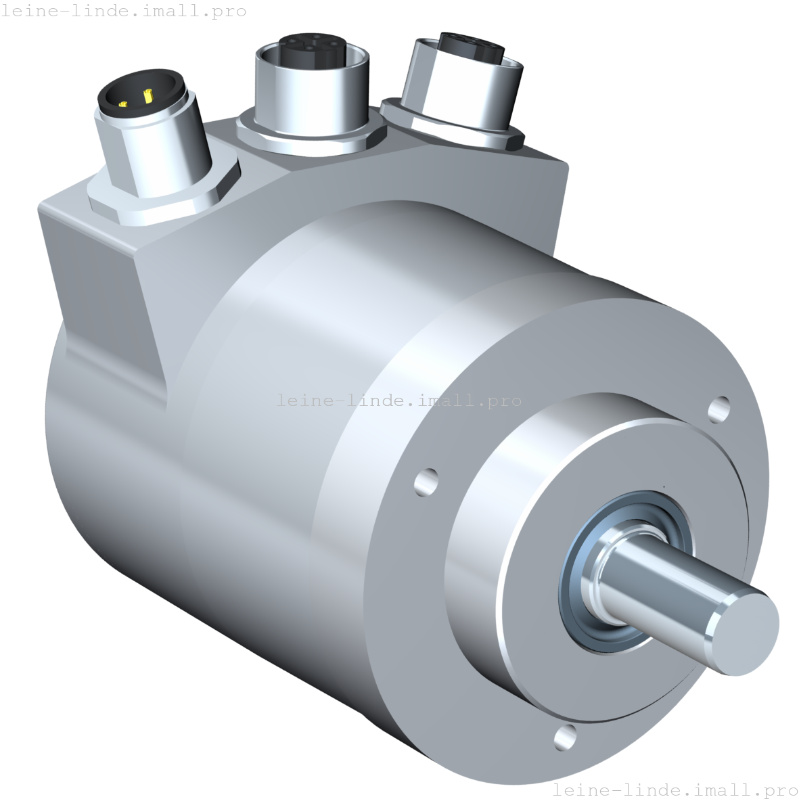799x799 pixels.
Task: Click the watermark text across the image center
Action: [x=399, y=401]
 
